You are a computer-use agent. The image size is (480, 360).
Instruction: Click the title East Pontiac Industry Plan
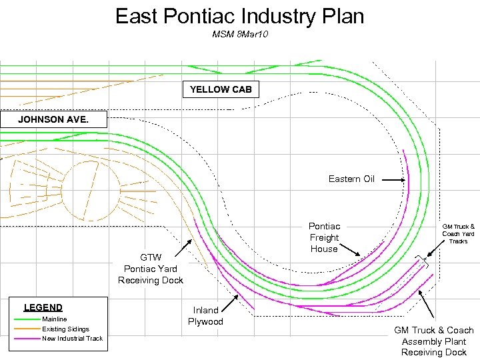point(239,16)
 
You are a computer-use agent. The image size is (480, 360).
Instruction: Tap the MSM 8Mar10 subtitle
point(239,33)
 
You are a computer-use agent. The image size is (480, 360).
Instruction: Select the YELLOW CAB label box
point(221,89)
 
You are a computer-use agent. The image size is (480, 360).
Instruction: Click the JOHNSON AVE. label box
point(53,120)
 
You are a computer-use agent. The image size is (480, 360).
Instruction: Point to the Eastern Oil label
point(351,179)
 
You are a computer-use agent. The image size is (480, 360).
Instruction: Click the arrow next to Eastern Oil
point(393,180)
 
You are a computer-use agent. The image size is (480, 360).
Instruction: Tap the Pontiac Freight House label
point(324,237)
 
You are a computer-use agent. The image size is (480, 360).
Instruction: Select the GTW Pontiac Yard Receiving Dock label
point(150,269)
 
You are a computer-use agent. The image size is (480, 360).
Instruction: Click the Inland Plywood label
point(205,316)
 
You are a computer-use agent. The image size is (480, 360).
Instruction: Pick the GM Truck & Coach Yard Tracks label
point(459,233)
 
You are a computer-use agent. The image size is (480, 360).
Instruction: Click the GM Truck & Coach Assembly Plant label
point(433,341)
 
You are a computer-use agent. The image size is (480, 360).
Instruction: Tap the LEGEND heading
point(43,307)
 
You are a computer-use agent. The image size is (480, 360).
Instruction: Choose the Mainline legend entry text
point(55,319)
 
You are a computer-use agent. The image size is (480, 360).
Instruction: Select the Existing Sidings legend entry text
point(65,329)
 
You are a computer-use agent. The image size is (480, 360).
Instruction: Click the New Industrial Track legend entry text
point(72,339)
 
